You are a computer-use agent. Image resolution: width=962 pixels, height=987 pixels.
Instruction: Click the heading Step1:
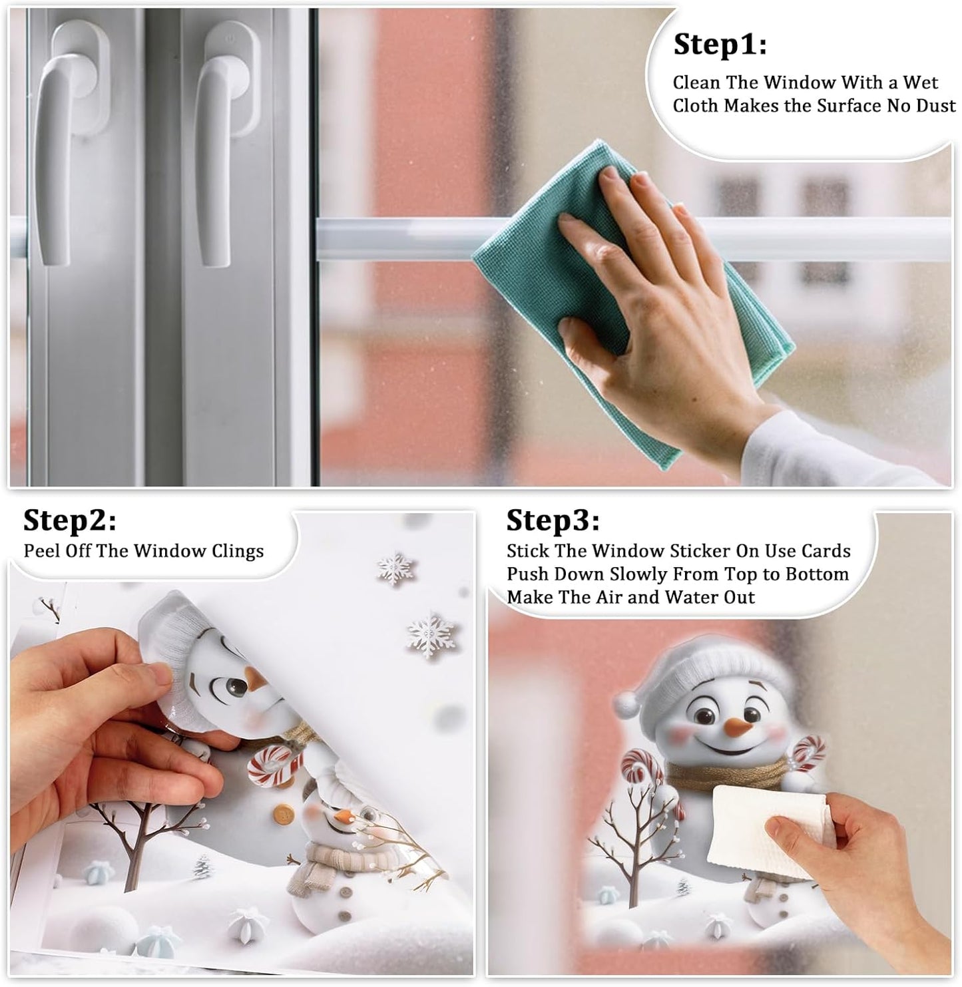(720, 45)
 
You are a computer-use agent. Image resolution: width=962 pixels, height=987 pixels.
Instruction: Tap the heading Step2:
(69, 520)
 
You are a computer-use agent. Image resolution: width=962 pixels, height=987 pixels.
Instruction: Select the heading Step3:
(553, 520)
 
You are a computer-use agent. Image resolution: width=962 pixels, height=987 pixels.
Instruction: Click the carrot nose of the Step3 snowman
(737, 727)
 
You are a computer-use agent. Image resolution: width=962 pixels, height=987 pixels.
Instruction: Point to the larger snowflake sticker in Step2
(431, 636)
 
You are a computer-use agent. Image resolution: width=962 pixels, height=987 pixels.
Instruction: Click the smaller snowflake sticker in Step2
(395, 568)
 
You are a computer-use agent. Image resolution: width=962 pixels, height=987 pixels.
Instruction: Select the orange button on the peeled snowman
(283, 815)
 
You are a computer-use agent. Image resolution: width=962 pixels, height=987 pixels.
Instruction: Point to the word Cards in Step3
(826, 551)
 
